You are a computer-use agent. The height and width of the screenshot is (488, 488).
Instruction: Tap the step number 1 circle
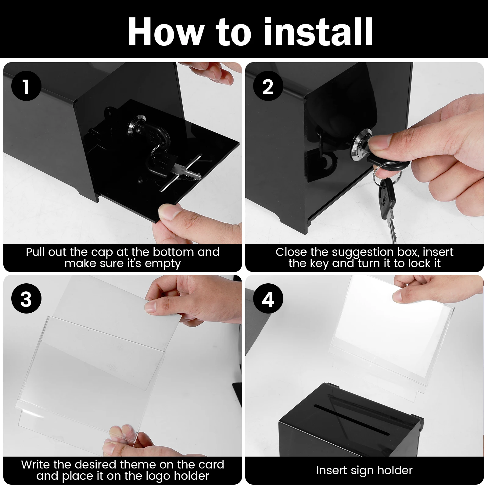(26, 86)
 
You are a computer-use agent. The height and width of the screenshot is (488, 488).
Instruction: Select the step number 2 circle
(268, 86)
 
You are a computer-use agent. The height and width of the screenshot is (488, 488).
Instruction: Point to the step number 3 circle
(26, 299)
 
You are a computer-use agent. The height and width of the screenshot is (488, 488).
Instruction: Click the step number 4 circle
(268, 299)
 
